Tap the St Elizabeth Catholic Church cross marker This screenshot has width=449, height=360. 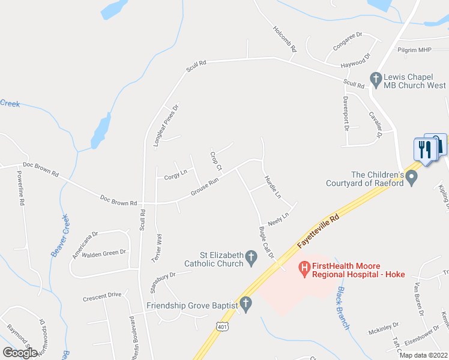(252, 259)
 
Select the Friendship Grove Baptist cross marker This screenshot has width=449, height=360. (245, 304)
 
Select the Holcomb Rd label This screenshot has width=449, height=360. (285, 40)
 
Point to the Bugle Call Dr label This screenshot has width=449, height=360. (266, 242)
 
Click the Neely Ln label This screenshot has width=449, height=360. (279, 218)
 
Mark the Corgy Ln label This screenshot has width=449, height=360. (175, 176)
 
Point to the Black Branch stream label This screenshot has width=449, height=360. (343, 303)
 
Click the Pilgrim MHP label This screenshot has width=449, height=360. (414, 50)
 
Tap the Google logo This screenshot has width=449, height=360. (20, 352)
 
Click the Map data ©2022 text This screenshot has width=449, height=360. (424, 355)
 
